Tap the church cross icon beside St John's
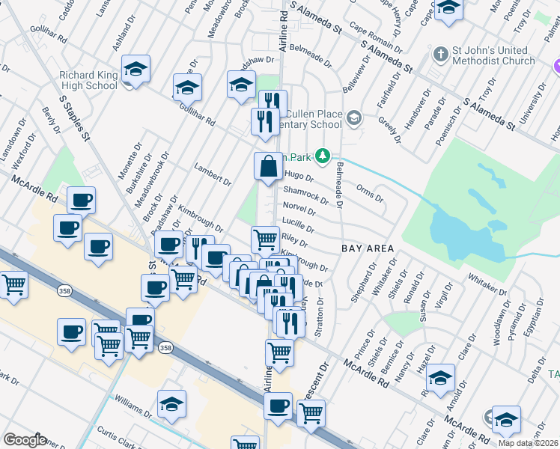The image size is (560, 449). (441, 55)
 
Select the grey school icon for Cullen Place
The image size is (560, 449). (355, 117)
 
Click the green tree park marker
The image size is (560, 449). (323, 156)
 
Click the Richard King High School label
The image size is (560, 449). (89, 80)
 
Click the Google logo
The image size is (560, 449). (25, 440)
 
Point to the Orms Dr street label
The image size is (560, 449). (370, 193)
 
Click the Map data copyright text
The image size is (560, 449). (527, 442)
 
